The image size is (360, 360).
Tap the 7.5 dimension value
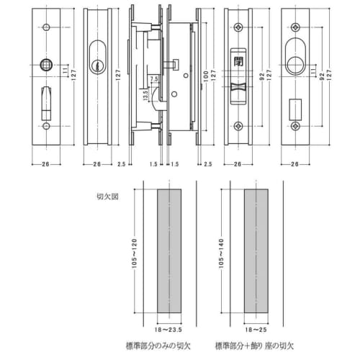(x=154, y=80)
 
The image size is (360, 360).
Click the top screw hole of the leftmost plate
(x=45, y=27)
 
